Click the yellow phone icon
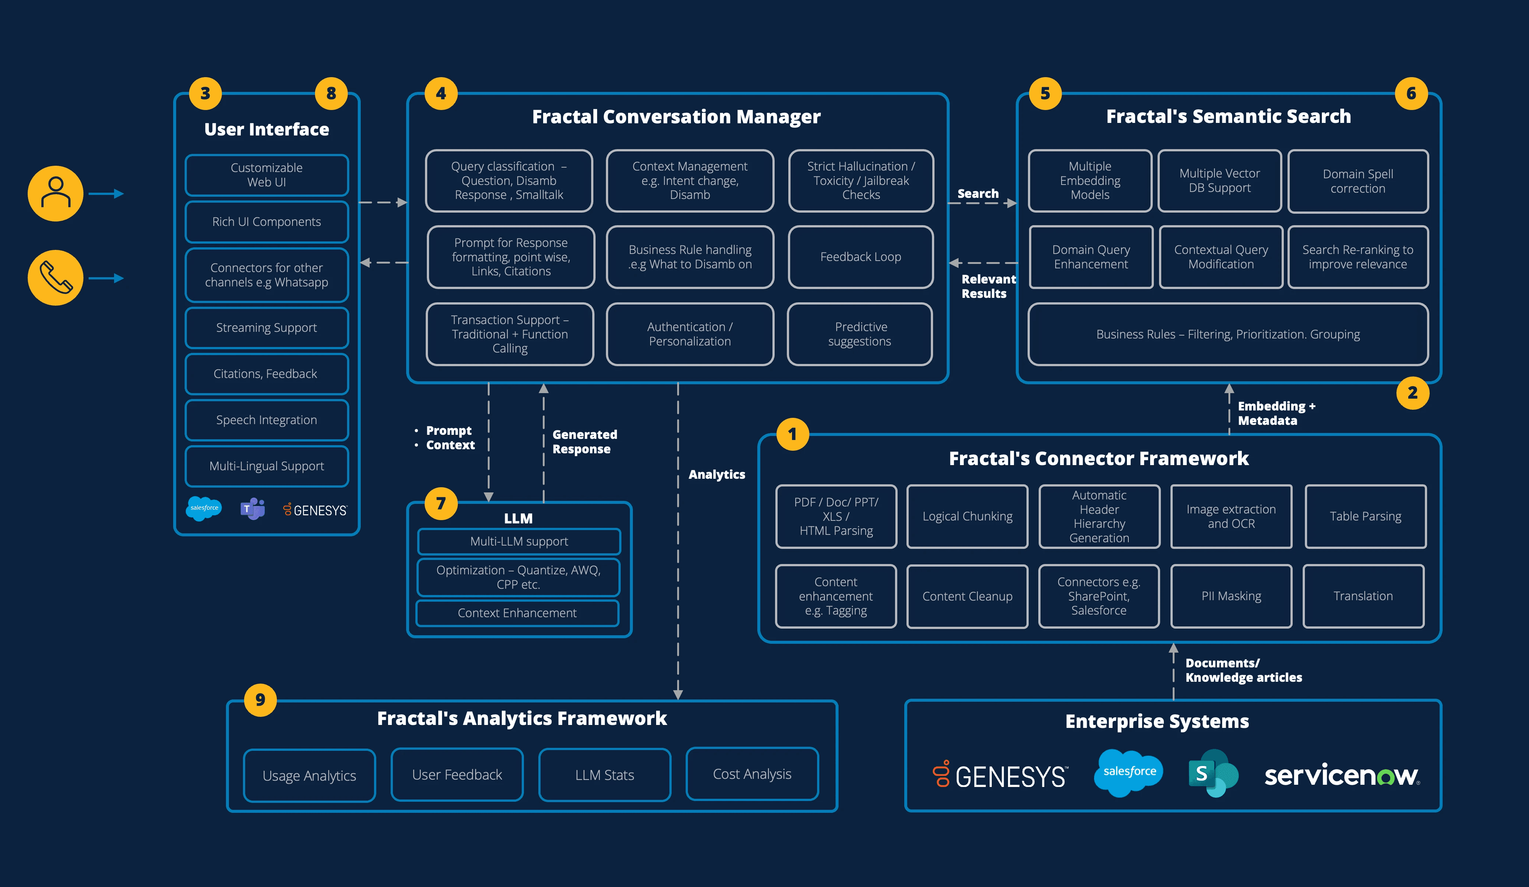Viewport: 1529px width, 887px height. coord(55,278)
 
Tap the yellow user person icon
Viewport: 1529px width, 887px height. coord(55,193)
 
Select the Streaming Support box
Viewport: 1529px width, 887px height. coord(266,328)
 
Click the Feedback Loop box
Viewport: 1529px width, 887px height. coord(860,257)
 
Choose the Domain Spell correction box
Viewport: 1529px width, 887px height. coord(1358,181)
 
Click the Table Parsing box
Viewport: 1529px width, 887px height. coord(1365,516)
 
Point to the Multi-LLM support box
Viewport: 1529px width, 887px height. coord(519,541)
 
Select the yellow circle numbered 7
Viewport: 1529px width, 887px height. coord(441,503)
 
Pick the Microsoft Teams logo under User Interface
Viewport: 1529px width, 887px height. coord(253,508)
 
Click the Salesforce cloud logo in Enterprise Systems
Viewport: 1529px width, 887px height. coord(1128,772)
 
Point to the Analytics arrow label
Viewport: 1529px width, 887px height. coord(717,474)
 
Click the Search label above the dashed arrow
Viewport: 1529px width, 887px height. coord(977,193)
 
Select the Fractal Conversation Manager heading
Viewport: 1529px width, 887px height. coord(676,117)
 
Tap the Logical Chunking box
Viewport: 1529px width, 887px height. coord(967,516)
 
